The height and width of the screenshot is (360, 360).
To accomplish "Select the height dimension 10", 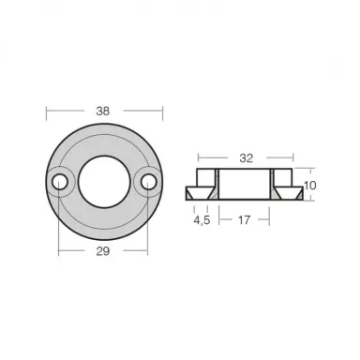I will coord(309,185).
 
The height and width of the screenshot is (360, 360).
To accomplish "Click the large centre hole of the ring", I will coord(104,177).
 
